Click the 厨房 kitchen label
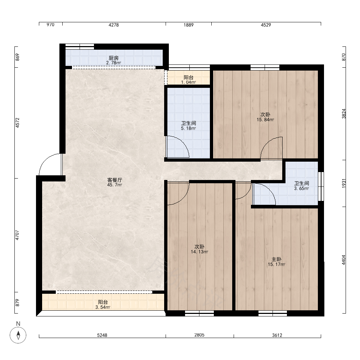tap(114, 58)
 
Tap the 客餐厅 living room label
tap(114, 180)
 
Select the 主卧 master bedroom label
tap(276, 260)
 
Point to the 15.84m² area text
tap(265, 120)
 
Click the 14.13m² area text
tap(199, 252)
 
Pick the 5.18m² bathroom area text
tap(189, 129)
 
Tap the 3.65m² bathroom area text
tap(301, 189)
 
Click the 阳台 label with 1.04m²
tap(189, 78)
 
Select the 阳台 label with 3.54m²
tap(103, 302)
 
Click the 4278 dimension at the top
tap(114, 25)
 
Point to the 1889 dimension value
tap(189, 25)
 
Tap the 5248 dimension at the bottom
tap(102, 335)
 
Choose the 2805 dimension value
tap(199, 335)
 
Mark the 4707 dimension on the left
tap(17, 235)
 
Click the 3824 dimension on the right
tap(344, 114)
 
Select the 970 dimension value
tap(50, 25)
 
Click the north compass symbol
tap(18, 335)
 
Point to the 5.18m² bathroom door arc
tap(183, 142)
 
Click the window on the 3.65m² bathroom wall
tap(321, 186)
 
